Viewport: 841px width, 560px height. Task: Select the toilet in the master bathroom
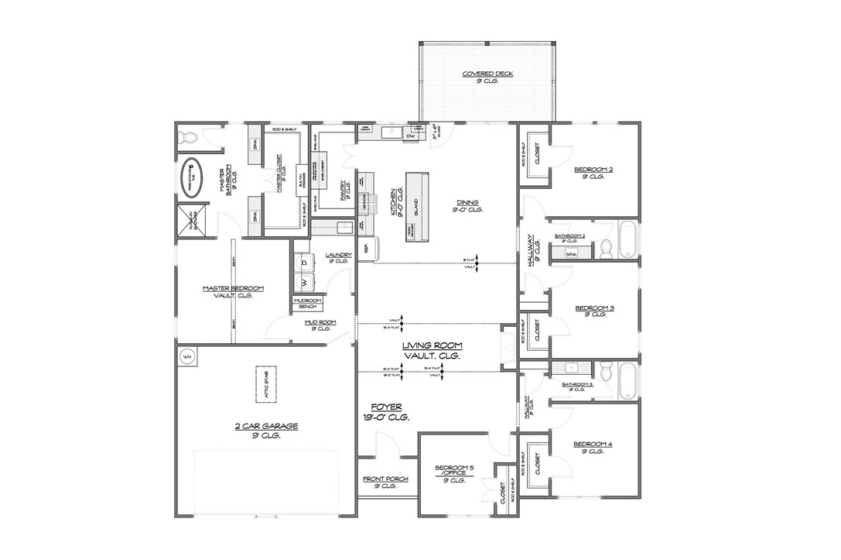[187, 138]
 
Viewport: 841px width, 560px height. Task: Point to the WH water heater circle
[187, 357]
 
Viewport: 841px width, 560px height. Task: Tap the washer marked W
[304, 280]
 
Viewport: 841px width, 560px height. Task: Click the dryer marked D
[304, 263]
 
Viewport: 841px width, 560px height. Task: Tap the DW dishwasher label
[412, 136]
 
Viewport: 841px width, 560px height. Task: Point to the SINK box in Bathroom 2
[572, 253]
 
